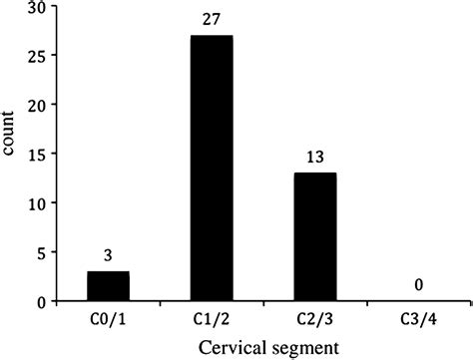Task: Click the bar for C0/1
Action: [x=109, y=286]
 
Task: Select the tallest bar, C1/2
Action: [x=212, y=169]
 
